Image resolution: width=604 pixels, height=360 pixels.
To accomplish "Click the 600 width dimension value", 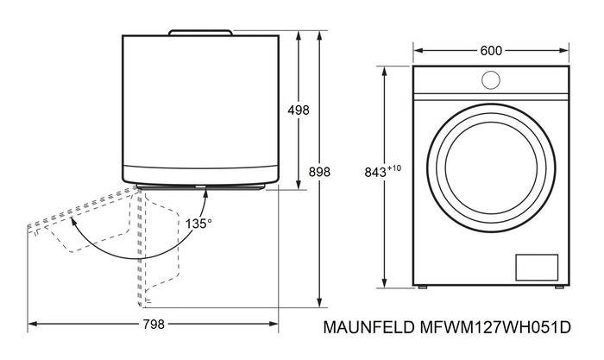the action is coord(491,51).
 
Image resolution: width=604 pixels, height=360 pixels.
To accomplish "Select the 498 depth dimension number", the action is coord(299,111).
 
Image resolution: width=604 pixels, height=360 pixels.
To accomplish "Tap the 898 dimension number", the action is coord(319,172).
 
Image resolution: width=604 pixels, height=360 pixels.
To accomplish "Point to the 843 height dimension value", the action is coord(375,173).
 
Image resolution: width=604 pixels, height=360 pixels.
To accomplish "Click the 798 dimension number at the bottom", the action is coord(154,325).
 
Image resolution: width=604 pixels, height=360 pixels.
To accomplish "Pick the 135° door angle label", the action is coord(198,224).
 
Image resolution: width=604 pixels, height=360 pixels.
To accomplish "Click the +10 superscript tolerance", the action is coord(394,168).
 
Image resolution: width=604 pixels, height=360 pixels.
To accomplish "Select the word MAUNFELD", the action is coord(368,327).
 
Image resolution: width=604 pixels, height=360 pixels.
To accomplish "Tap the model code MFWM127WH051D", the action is coord(495,327).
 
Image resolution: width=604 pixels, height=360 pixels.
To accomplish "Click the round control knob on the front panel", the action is coord(491,80).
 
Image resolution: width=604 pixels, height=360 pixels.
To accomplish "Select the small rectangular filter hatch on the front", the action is coord(537,267).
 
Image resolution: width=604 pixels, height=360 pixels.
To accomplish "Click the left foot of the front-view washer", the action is coord(423,287).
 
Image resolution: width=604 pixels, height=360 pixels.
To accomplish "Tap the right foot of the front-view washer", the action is coord(559,287).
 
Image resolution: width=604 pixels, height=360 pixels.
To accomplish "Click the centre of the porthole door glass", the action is coord(491,168).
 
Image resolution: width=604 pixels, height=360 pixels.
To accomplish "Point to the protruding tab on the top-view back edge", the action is coord(200,33).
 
